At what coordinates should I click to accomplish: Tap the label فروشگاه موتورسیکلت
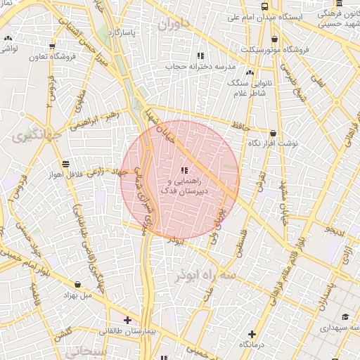[x=274, y=50]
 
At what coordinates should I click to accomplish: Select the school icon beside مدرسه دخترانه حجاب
[x=200, y=56]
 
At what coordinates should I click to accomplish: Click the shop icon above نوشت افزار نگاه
[x=273, y=133]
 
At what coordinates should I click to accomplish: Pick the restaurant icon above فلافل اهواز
[x=65, y=163]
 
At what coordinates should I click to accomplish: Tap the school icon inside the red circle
[x=184, y=170]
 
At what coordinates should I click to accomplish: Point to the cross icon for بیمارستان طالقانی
[x=127, y=320]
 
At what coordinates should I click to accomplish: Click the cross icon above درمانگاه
[x=252, y=334]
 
